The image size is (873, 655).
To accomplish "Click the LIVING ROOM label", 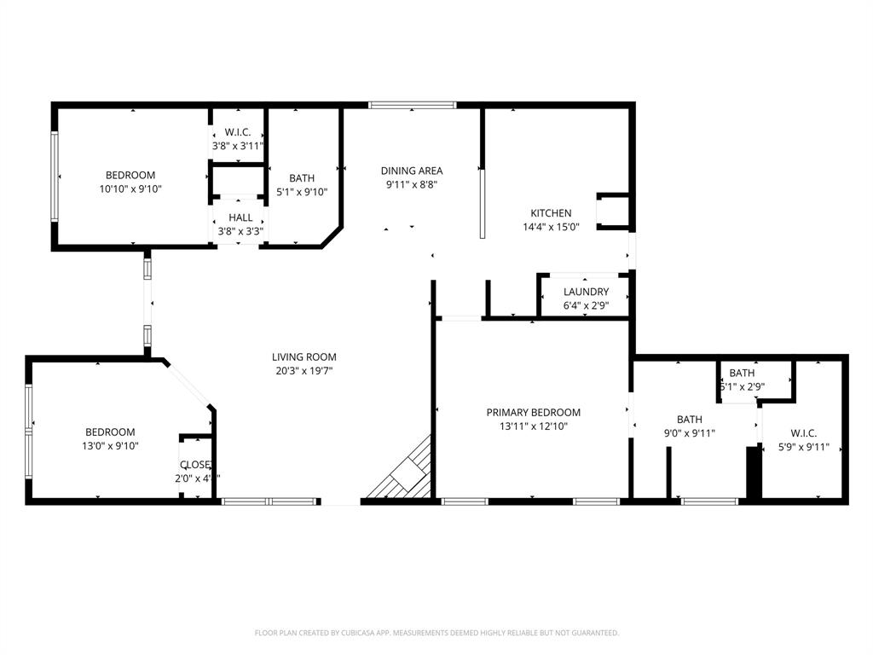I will pyautogui.click(x=304, y=357).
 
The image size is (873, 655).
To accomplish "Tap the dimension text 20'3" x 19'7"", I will pyautogui.click(x=304, y=371).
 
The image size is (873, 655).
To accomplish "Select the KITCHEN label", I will pyautogui.click(x=551, y=213).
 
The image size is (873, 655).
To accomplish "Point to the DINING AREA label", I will pyautogui.click(x=412, y=171).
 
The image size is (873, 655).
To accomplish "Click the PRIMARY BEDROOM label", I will pyautogui.click(x=534, y=413).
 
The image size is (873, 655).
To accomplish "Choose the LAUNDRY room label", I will pyautogui.click(x=586, y=292).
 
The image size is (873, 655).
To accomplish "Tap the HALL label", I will pyautogui.click(x=240, y=217).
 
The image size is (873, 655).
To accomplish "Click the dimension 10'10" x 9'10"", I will pyautogui.click(x=130, y=189).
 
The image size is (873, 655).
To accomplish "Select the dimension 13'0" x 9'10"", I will pyautogui.click(x=110, y=446).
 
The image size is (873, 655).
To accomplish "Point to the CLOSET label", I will pyautogui.click(x=195, y=465).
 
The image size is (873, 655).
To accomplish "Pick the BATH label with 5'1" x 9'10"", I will pyautogui.click(x=302, y=178).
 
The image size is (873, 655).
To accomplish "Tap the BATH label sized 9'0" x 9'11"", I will pyautogui.click(x=690, y=420).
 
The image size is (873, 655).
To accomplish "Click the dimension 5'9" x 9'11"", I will pyautogui.click(x=803, y=447).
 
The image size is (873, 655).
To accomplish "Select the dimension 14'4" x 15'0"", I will pyautogui.click(x=551, y=227).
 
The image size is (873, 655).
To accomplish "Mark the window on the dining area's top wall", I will pyautogui.click(x=413, y=106).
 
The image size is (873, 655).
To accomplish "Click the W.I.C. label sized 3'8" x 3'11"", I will pyautogui.click(x=237, y=132).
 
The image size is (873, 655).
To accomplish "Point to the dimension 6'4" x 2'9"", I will pyautogui.click(x=586, y=305).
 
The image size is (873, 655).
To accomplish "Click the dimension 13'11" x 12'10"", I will pyautogui.click(x=534, y=426).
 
